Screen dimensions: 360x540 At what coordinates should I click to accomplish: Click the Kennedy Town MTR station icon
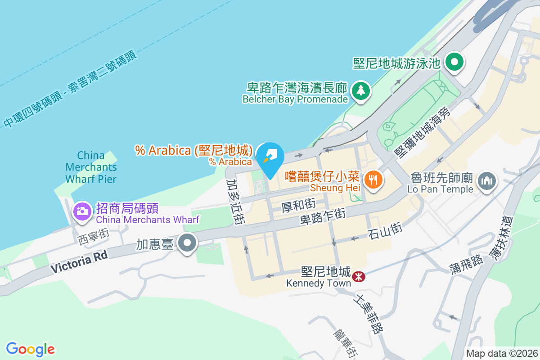click(359, 275)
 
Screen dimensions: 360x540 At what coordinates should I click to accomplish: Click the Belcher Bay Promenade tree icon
click(360, 91)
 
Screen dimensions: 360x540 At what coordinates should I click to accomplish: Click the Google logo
click(31, 349)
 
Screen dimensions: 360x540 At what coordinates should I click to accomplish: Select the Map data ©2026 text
click(501, 353)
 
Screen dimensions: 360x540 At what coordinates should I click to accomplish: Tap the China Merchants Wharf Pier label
click(91, 167)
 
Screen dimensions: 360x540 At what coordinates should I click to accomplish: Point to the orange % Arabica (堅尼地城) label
click(194, 150)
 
